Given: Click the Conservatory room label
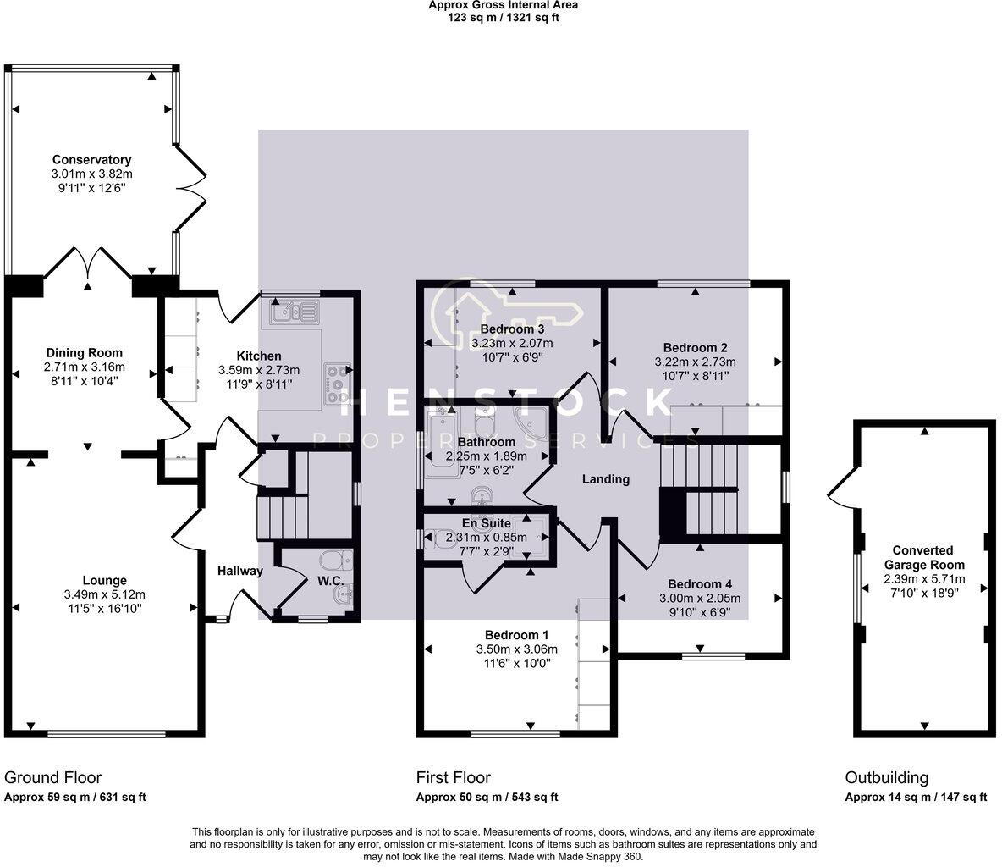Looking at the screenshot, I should (91, 160).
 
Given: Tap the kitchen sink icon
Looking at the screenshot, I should (293, 313).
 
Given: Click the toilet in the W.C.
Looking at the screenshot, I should (340, 560).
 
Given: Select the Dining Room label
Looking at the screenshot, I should (84, 353).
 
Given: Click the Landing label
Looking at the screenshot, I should (606, 479).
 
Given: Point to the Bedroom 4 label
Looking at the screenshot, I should (700, 584).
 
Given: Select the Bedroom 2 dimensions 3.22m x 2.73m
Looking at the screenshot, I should (695, 362).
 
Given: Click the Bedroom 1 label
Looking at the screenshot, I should (516, 635).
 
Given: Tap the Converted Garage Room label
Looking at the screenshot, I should (923, 557).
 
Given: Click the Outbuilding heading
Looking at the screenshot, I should (886, 777).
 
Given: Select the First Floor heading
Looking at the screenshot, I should (453, 777).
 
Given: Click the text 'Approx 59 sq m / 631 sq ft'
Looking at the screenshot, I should (75, 798).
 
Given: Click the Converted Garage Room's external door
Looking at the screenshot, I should (842, 484).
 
